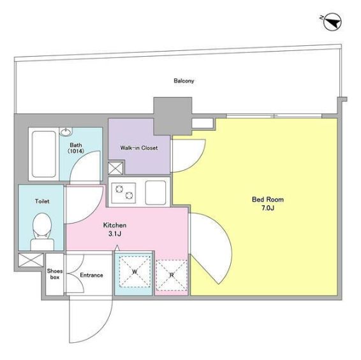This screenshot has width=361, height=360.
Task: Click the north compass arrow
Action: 332,22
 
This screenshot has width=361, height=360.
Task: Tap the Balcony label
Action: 184,81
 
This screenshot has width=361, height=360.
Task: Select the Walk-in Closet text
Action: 139,148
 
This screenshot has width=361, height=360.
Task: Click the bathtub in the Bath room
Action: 44,154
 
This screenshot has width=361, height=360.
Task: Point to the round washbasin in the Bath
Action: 66,132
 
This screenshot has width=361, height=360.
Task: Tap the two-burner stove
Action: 123,193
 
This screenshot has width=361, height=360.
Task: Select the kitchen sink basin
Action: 156,192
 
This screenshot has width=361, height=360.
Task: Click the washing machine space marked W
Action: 135,271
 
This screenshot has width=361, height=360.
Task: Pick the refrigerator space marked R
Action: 172,275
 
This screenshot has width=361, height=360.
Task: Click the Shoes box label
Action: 55,274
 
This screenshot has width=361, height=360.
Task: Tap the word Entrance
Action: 91,275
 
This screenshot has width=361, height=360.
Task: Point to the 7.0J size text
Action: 267,208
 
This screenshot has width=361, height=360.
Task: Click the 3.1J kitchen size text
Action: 115,234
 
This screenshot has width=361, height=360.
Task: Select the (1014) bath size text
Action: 76,151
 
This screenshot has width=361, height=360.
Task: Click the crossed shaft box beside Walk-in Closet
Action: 115,168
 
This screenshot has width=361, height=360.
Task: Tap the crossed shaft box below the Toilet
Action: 31,260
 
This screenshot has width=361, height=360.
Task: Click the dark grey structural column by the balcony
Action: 173,116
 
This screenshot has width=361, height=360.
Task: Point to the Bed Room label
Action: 268,199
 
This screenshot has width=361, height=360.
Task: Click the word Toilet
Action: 42,201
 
